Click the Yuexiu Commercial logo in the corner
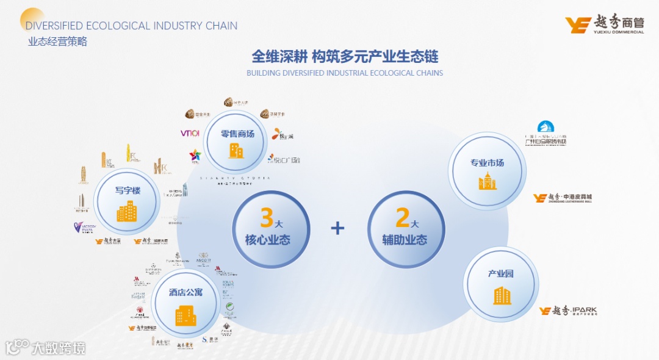(x=604, y=25)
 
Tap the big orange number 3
(x=266, y=218)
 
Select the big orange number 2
(x=402, y=218)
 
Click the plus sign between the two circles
(x=337, y=228)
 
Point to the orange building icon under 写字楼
(x=128, y=212)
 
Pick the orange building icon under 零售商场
(x=236, y=150)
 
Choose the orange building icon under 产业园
(x=502, y=295)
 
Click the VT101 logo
(x=190, y=134)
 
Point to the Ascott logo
(x=204, y=260)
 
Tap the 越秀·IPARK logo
(x=568, y=311)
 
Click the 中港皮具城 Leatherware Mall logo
(x=562, y=198)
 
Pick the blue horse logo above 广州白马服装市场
(x=546, y=128)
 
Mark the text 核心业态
(x=267, y=240)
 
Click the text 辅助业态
(x=403, y=240)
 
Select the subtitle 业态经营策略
(x=57, y=42)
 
